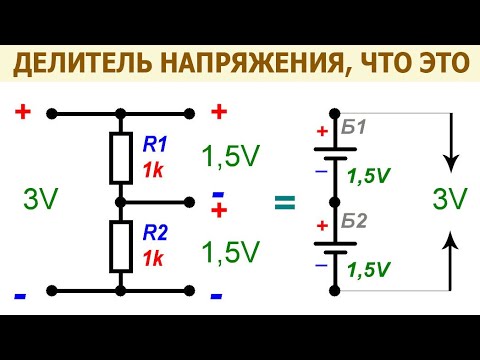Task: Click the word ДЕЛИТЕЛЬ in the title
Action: pos(81,65)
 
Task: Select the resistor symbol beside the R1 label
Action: pos(120,157)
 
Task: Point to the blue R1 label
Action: pos(155,143)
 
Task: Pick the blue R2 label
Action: pos(155,233)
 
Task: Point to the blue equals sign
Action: pos(285,202)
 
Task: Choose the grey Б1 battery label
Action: pos(353,127)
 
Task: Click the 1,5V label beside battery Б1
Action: pos(369,175)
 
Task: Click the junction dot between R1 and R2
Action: pos(120,202)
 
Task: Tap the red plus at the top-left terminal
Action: pos(23,112)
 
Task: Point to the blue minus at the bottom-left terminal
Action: pos(20,297)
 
